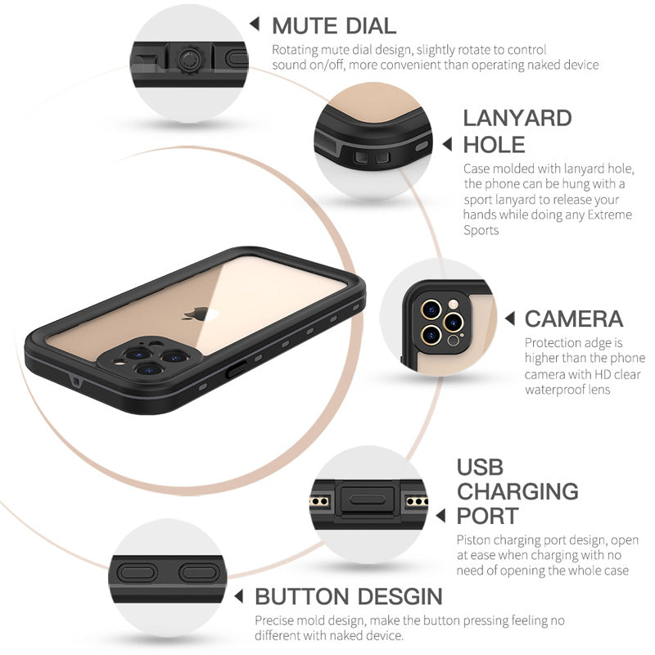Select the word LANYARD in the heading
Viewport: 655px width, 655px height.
coord(517,118)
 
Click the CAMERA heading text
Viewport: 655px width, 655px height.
coord(574,318)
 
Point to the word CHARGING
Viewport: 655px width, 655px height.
coord(517,492)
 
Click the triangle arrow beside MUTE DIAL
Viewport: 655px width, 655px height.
coord(255,24)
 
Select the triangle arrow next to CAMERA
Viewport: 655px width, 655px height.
coord(508,318)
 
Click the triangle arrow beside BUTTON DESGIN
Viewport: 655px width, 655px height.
coord(240,596)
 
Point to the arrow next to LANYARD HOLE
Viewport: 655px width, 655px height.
coord(447,144)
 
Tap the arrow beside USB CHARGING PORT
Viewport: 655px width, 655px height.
coord(440,517)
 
